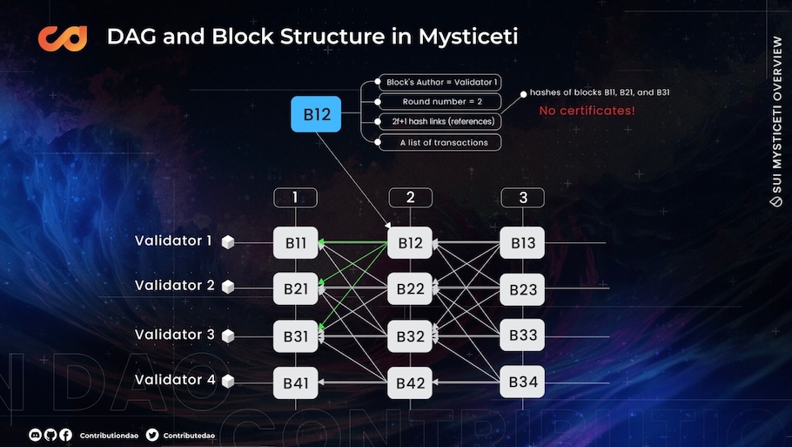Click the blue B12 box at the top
click(316, 114)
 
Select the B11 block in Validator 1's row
click(296, 243)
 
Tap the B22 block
click(410, 288)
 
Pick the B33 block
click(522, 335)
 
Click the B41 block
click(296, 383)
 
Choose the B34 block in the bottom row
click(522, 382)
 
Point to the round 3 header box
click(523, 198)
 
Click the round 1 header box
click(296, 198)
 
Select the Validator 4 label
click(175, 380)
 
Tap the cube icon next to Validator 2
click(228, 287)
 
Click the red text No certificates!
click(587, 111)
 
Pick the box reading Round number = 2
click(440, 102)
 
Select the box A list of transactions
click(440, 143)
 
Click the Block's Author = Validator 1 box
click(440, 82)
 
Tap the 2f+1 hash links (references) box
click(440, 121)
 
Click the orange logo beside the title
click(63, 38)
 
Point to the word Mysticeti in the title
click(468, 37)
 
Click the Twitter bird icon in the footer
click(152, 435)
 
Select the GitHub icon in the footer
click(50, 435)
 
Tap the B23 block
click(522, 289)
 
